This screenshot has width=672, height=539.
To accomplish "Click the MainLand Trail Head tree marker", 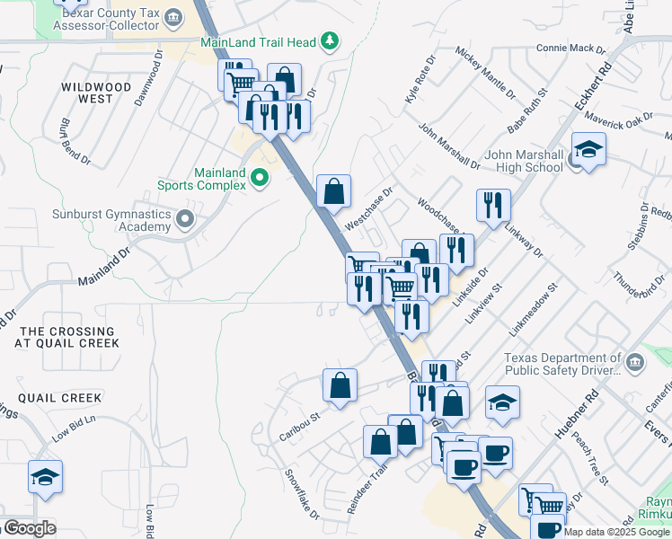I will pos(331,40).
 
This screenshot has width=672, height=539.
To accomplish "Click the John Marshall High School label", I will pos(524,161).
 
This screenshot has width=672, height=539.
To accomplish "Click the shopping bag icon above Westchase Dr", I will pos(333,191).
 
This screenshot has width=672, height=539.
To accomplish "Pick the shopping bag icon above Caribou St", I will pos(340,386).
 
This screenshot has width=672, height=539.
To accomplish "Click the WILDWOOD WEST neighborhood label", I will pos(97,93).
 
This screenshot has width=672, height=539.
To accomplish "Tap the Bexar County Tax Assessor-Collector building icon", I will pos(174,18).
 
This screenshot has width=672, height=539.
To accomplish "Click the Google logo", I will pos(29,528).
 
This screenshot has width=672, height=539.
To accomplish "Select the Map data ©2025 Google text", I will pos(615,532).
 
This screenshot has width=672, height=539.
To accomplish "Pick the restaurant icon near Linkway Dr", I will pos(493,206).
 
